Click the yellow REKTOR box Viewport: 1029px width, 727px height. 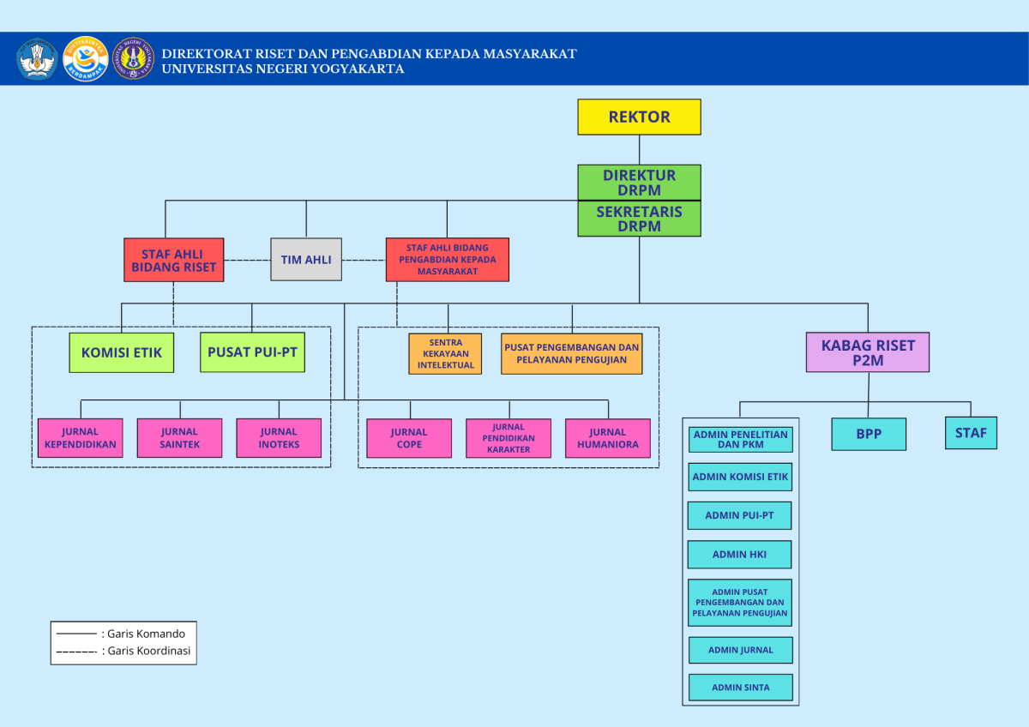(639, 117)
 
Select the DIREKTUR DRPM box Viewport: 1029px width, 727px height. (639, 182)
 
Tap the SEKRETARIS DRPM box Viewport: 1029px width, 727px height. (639, 219)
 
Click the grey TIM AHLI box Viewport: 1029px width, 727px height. (306, 259)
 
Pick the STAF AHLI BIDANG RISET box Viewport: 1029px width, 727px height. (173, 260)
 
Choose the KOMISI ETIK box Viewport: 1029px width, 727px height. (121, 352)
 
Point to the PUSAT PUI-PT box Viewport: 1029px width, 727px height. (252, 352)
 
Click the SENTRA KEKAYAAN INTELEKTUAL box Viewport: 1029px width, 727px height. (445, 353)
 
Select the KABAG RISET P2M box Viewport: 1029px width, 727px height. (867, 352)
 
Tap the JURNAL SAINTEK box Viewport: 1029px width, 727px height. (179, 438)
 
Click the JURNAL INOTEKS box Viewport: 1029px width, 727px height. (279, 438)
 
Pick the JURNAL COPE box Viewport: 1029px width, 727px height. (409, 438)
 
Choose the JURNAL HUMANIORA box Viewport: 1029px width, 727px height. (607, 438)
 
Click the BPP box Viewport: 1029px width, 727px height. (868, 434)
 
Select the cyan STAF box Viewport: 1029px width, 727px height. (971, 433)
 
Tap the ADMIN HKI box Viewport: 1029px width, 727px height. (739, 555)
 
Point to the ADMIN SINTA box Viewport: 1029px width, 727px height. (740, 688)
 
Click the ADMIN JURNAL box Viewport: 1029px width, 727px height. (740, 650)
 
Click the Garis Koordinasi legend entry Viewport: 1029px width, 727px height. (122, 651)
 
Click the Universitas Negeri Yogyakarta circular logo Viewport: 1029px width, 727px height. (134, 59)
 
